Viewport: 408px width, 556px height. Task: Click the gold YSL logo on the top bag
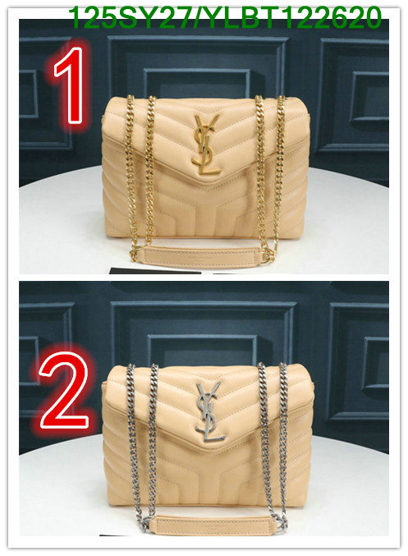point(205,145)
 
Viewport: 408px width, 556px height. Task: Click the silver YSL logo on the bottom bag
point(209,411)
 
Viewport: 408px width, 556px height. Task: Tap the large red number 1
point(71,85)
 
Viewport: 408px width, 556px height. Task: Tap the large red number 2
point(64,390)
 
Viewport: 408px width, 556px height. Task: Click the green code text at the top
point(224,18)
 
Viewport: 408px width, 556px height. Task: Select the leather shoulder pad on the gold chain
point(201,256)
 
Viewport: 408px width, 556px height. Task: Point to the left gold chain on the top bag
point(141,177)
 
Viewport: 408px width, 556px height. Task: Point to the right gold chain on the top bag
point(270,177)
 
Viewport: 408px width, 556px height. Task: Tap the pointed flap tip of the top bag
point(207,182)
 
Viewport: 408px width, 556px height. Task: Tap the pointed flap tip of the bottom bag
point(210,449)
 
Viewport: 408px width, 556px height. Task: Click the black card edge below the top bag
point(155,270)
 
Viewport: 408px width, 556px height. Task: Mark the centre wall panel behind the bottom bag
point(203,333)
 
